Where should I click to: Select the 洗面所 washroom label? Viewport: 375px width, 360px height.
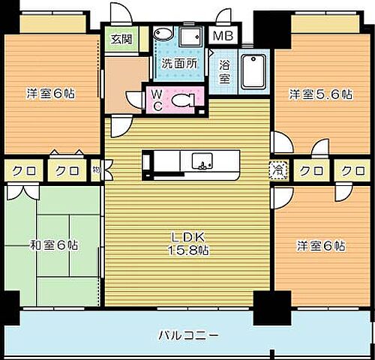click(x=180, y=64)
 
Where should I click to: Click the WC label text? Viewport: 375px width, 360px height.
click(x=156, y=99)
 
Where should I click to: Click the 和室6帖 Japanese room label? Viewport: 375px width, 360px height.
click(x=55, y=244)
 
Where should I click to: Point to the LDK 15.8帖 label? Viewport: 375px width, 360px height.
click(x=188, y=244)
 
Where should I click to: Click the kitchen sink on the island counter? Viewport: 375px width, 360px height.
click(x=202, y=160)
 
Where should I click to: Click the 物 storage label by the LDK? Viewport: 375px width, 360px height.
click(x=97, y=171)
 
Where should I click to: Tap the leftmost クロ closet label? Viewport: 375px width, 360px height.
click(x=21, y=171)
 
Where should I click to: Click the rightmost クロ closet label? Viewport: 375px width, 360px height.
click(x=352, y=171)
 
